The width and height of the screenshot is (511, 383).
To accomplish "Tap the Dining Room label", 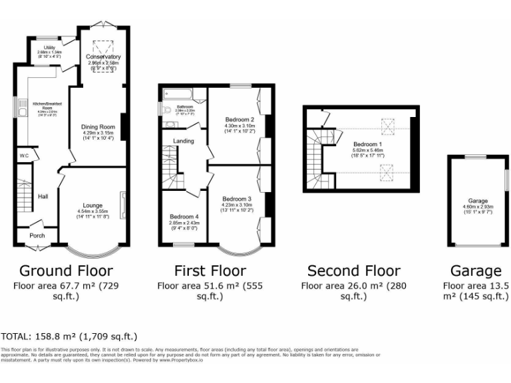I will [98, 126].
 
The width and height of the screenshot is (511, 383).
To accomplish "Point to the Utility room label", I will [50, 48].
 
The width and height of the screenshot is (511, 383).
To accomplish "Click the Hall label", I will [43, 197].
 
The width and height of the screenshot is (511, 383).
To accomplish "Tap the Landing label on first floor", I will [184, 141].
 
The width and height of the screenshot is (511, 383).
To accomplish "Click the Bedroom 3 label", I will [237, 199].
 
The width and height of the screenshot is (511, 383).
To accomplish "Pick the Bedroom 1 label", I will [367, 144].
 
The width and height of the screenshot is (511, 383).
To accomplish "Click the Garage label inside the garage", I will [478, 201].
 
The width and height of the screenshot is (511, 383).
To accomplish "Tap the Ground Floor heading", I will [66, 271].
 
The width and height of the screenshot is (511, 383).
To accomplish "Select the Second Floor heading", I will [353, 271].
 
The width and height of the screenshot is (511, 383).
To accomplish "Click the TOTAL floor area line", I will [69, 337].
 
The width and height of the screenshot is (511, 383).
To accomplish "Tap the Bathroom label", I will [185, 106].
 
